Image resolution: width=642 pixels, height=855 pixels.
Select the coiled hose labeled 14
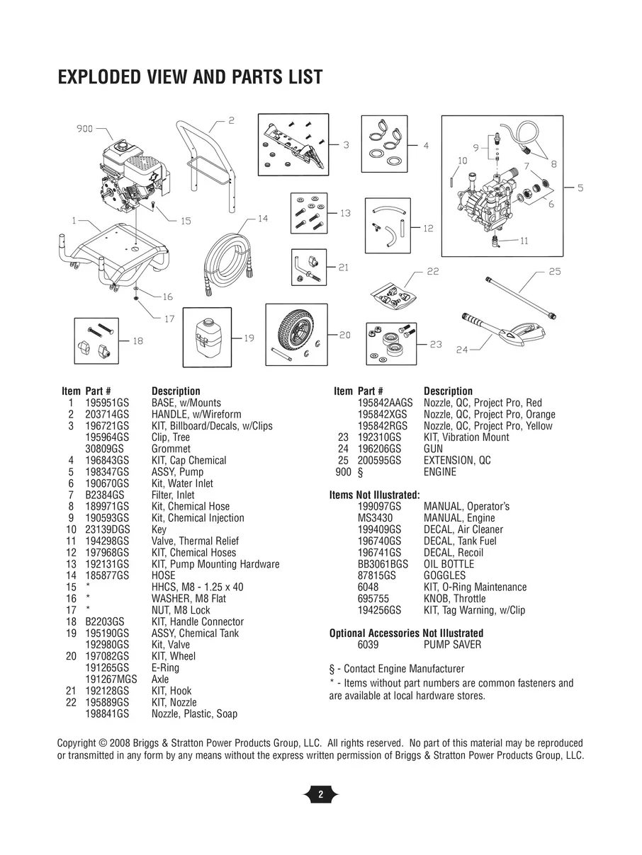click(227, 258)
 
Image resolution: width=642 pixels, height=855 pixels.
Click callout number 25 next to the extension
click(555, 272)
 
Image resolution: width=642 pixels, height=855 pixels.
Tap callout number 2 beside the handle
click(231, 120)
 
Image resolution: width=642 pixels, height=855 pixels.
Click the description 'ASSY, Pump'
click(177, 472)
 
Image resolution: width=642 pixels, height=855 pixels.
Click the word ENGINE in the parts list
click(440, 472)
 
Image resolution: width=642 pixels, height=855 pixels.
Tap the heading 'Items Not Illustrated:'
click(375, 495)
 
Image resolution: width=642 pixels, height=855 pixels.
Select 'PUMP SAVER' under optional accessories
click(452, 645)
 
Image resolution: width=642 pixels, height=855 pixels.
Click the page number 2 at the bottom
click(320, 795)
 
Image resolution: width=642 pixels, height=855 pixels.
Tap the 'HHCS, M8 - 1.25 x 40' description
click(197, 587)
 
